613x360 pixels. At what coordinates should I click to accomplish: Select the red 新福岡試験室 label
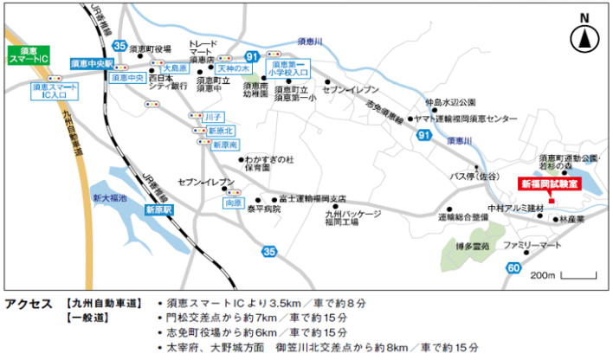pos(550,183)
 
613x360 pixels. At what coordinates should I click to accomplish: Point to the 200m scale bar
pos(572,275)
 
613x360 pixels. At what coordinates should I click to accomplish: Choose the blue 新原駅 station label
pos(159,210)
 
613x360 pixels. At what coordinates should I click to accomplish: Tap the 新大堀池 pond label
pos(110,198)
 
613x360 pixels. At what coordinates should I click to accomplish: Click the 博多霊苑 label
pos(474,247)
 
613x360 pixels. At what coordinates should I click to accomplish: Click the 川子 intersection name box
pos(214,116)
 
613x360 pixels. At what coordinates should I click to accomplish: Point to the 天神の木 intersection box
pos(233,67)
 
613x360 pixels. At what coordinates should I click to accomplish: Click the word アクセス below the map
pos(28,305)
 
